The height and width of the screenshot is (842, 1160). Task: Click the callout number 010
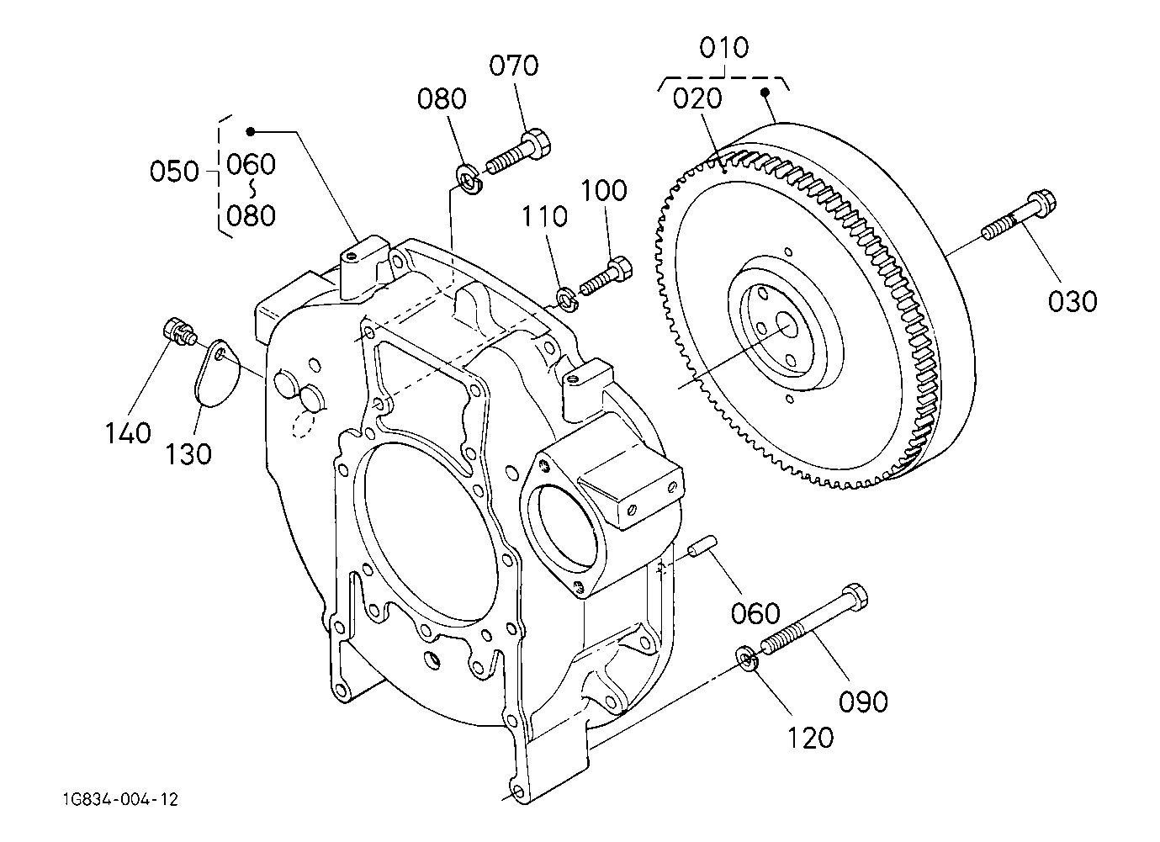click(x=724, y=48)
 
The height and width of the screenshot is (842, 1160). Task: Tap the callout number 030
click(x=1073, y=301)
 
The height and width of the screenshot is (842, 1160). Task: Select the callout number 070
click(x=514, y=66)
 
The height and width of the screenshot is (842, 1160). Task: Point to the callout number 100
click(x=604, y=190)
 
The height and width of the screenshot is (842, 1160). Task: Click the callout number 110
click(x=544, y=216)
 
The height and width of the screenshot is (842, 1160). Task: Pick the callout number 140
click(x=128, y=433)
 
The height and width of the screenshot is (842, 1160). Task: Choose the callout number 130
click(x=188, y=454)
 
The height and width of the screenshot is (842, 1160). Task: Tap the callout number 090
click(x=863, y=702)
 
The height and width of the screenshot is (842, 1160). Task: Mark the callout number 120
click(x=810, y=738)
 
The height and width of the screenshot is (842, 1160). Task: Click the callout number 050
click(x=174, y=172)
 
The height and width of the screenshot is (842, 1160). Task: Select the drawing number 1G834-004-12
click(x=120, y=799)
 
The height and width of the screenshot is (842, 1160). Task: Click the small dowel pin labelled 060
click(x=702, y=547)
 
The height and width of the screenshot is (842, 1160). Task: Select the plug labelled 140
click(x=179, y=332)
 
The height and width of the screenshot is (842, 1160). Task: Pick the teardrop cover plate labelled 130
click(x=217, y=372)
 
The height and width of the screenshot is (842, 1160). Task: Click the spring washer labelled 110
click(x=568, y=299)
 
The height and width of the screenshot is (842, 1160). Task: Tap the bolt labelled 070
click(x=518, y=152)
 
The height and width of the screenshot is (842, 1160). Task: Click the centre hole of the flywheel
click(x=788, y=327)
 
